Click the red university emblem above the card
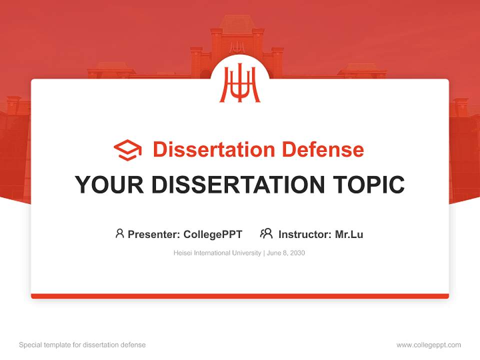tap(240, 83)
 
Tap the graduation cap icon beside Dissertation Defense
tap(127, 150)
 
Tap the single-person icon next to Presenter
tap(119, 233)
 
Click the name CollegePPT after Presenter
tap(212, 234)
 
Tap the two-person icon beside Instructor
tap(266, 233)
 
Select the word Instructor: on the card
tap(305, 234)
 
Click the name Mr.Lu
tap(349, 234)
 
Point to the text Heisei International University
tap(217, 253)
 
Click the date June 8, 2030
tap(285, 253)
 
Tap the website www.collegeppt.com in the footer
tap(428, 345)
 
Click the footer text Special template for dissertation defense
tap(82, 345)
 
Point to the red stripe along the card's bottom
tap(240, 296)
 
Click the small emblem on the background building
tap(237, 47)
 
